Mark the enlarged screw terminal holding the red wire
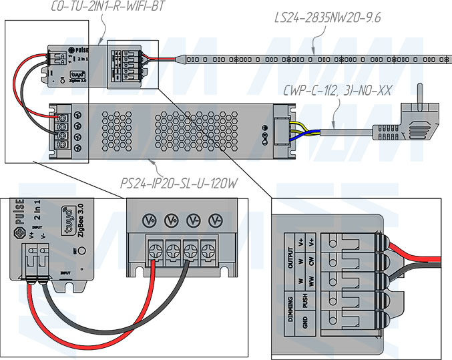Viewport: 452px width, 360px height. pyautogui.click(x=154, y=252)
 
